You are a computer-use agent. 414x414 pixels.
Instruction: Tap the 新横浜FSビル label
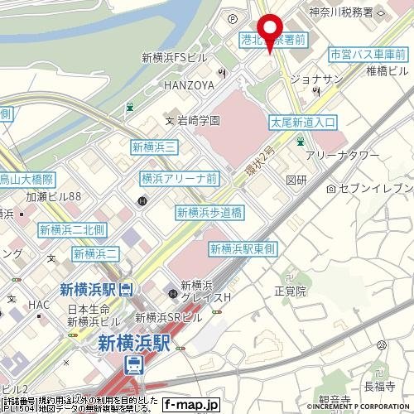[x=174, y=58]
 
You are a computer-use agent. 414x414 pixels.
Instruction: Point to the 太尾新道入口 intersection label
[x=304, y=122]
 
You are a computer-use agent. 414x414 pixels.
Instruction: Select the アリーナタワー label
[x=343, y=156]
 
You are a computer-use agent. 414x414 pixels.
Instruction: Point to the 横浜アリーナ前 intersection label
[x=179, y=178]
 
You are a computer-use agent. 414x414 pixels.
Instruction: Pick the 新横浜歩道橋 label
[x=209, y=213]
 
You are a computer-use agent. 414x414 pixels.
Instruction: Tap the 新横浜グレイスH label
[x=207, y=291]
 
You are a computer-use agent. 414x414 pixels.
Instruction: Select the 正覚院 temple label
[x=290, y=291]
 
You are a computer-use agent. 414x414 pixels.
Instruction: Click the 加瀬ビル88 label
[x=53, y=197]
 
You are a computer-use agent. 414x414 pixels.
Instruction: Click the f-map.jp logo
[x=190, y=405]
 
